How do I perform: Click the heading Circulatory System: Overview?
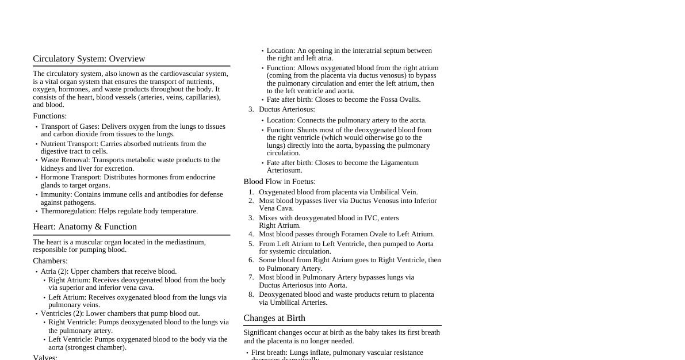click(89, 59)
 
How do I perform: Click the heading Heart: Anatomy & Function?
click(85, 227)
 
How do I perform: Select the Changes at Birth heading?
click(274, 318)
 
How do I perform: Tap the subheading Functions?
click(49, 116)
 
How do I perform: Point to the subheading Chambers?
click(50, 261)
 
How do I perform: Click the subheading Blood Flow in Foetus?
click(279, 182)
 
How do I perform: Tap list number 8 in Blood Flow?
click(251, 294)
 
